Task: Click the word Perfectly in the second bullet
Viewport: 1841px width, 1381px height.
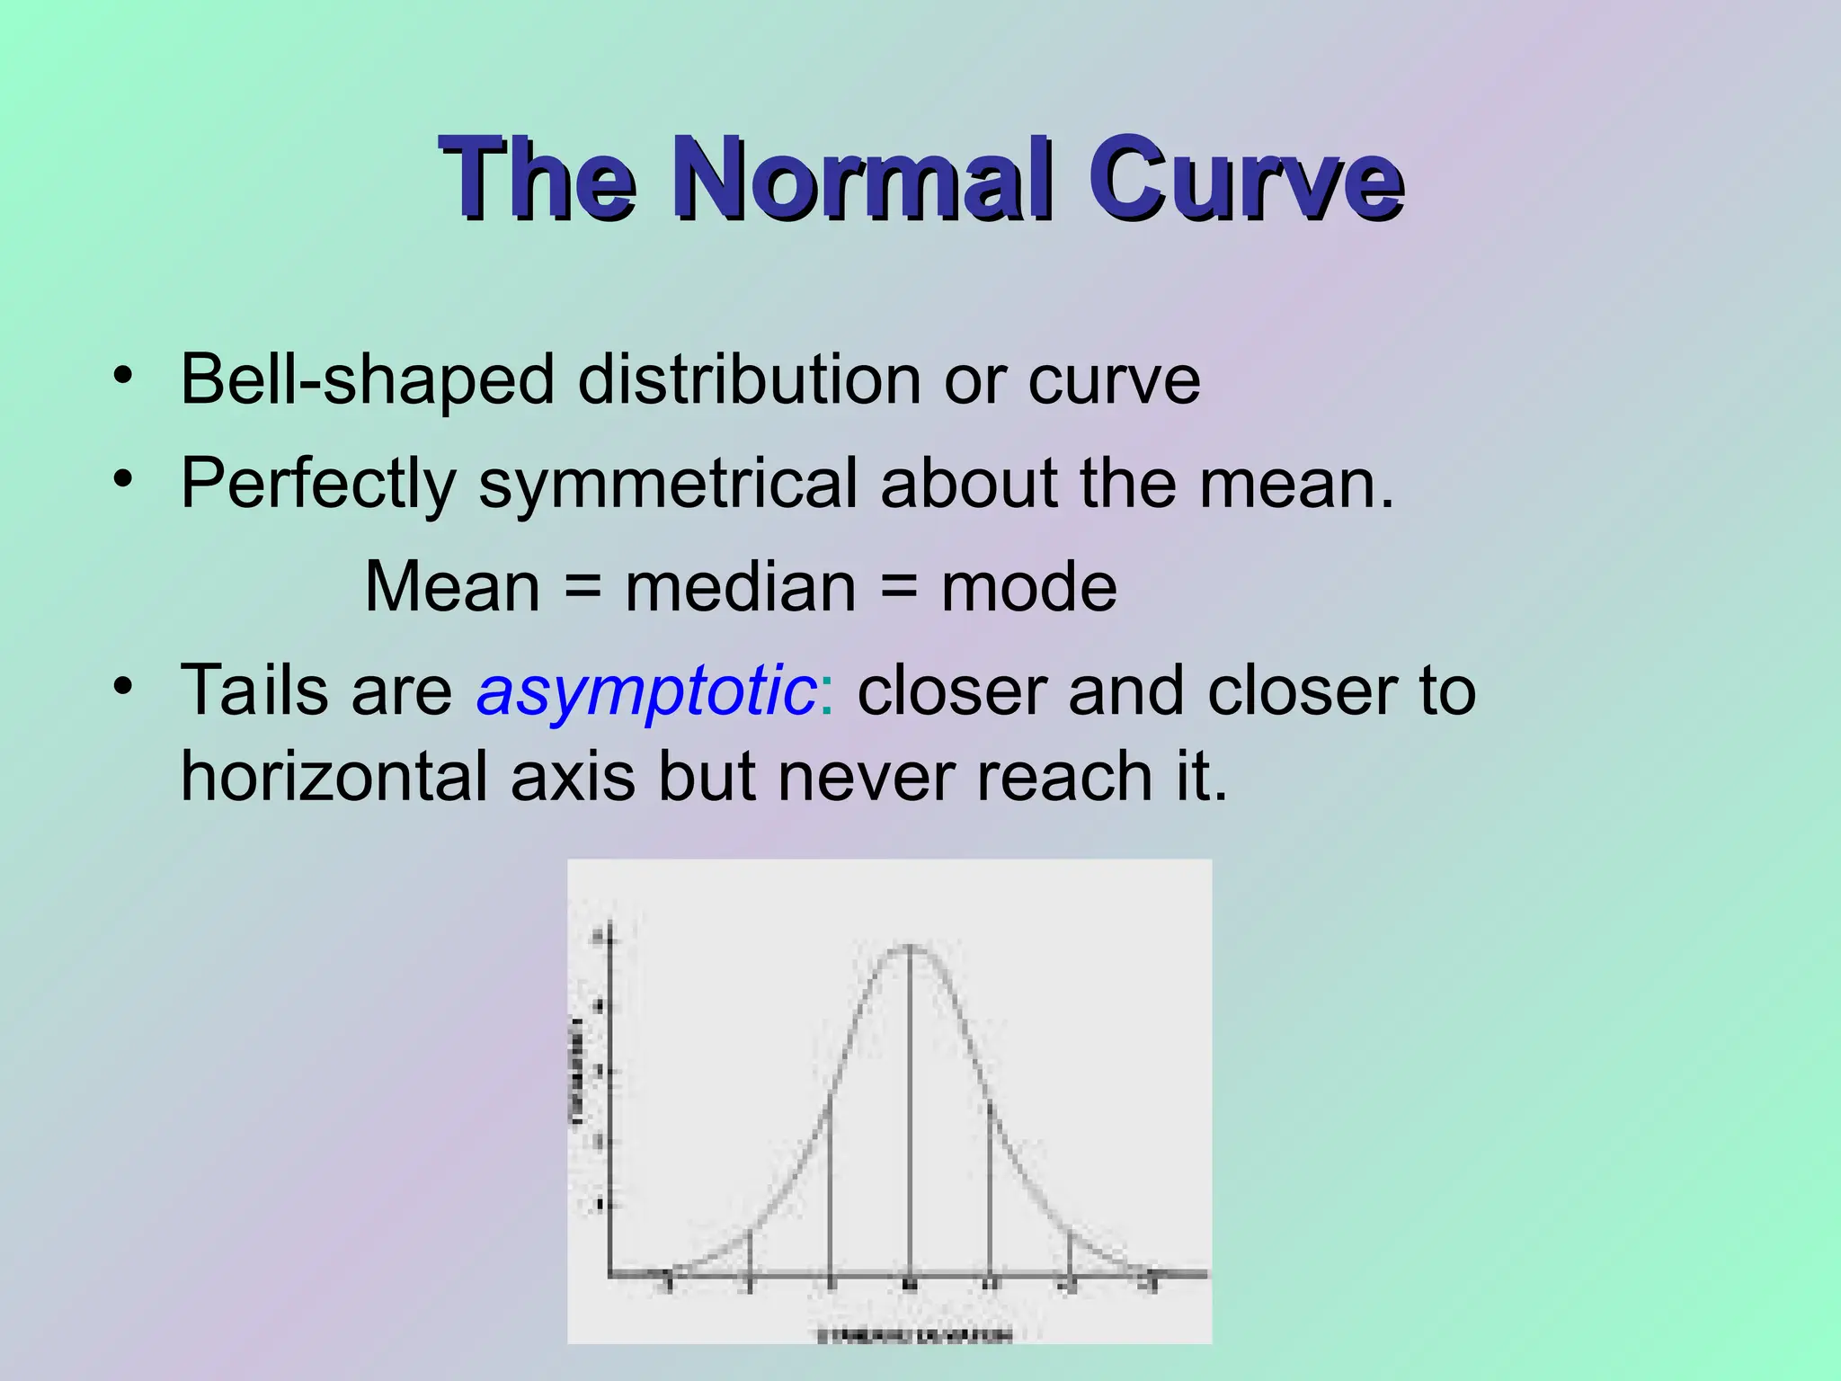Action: point(318,484)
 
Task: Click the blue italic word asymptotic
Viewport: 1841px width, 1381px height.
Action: point(646,690)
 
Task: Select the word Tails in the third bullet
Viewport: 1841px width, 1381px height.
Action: point(254,690)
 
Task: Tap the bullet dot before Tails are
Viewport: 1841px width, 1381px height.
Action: point(123,687)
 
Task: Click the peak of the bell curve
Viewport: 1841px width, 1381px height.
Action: point(910,946)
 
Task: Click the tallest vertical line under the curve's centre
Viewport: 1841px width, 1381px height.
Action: point(910,1115)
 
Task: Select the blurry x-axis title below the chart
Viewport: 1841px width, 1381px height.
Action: point(914,1335)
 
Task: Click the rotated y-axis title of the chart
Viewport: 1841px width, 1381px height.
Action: point(577,1070)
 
